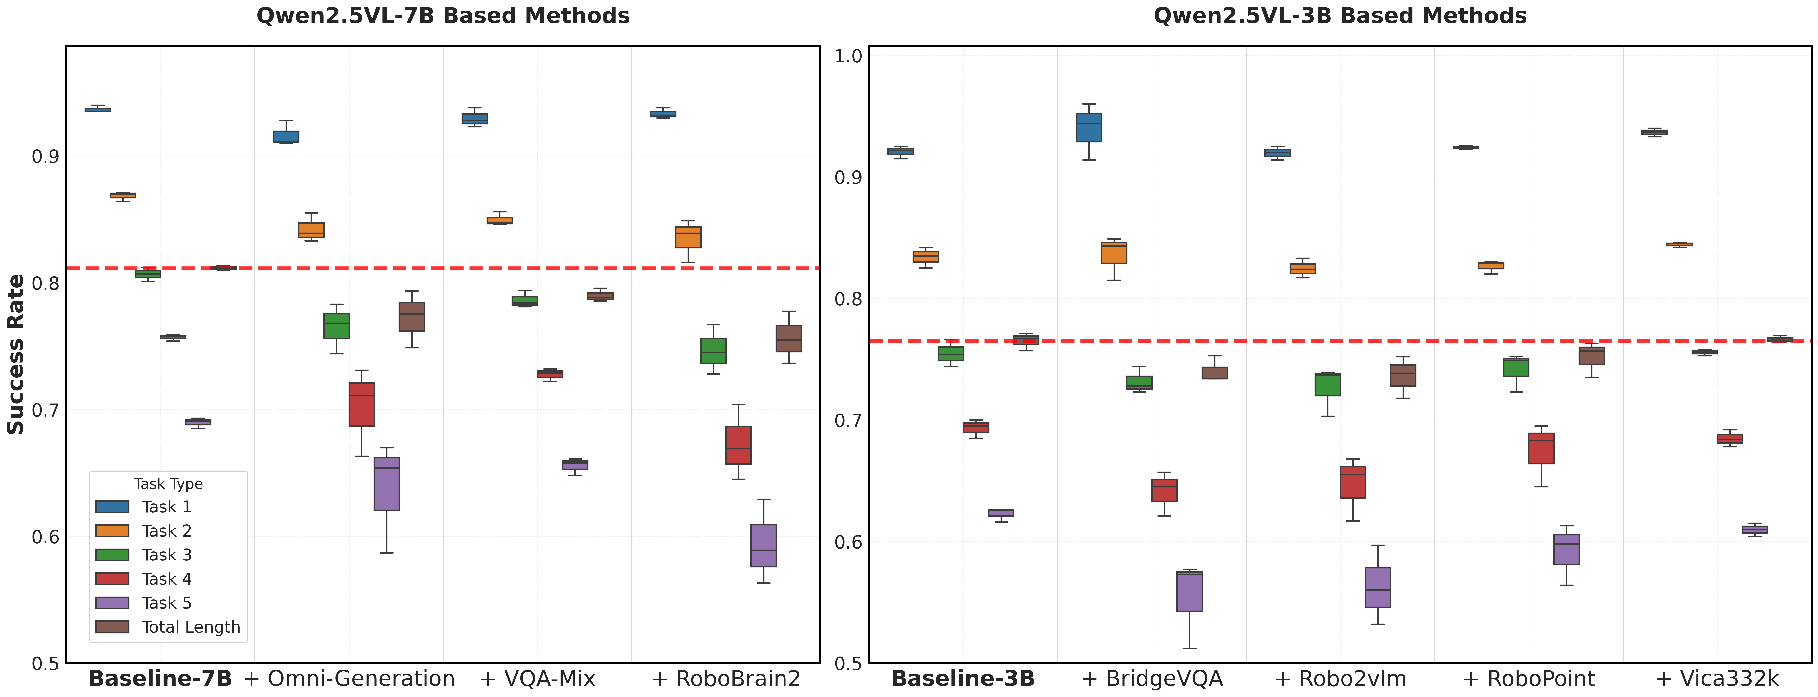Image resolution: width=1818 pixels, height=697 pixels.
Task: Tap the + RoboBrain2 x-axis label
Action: click(726, 679)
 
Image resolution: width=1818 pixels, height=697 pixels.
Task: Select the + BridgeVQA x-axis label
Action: click(1152, 679)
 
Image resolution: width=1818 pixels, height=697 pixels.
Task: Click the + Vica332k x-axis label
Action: click(1717, 679)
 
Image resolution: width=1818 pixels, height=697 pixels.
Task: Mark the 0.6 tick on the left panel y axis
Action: click(45, 537)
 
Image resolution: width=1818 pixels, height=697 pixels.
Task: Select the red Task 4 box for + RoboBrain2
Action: click(738, 445)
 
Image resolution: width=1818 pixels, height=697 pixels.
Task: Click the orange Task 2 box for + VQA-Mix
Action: click(500, 220)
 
